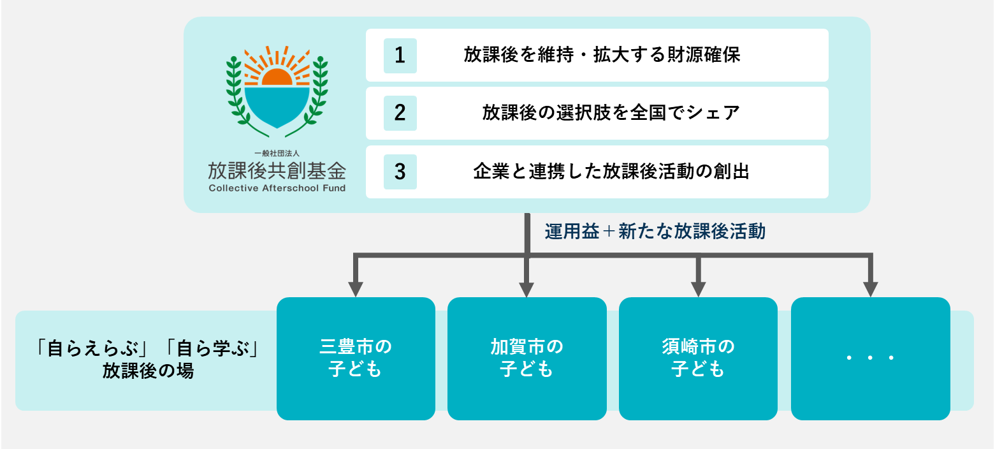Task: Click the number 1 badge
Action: pos(400,55)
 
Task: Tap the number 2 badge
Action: pos(400,113)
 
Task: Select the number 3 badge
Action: pos(400,172)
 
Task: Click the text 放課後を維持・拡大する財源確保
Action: pos(602,55)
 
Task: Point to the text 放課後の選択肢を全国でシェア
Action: pos(611,113)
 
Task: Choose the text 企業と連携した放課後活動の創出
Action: pos(611,172)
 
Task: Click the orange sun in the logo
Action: pos(277,77)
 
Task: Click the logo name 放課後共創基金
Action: pos(277,170)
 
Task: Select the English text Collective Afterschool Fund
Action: pos(277,188)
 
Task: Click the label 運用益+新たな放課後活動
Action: pos(655,232)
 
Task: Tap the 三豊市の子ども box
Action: pos(356,358)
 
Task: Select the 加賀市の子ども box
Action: pos(527,358)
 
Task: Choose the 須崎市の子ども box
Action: pos(698,358)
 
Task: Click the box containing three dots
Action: pos(870,358)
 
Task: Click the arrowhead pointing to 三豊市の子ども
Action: pos(356,288)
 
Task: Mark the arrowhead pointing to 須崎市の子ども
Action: pos(699,288)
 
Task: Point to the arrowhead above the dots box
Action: pos(870,288)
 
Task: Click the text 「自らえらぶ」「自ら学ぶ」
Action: pos(149,350)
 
